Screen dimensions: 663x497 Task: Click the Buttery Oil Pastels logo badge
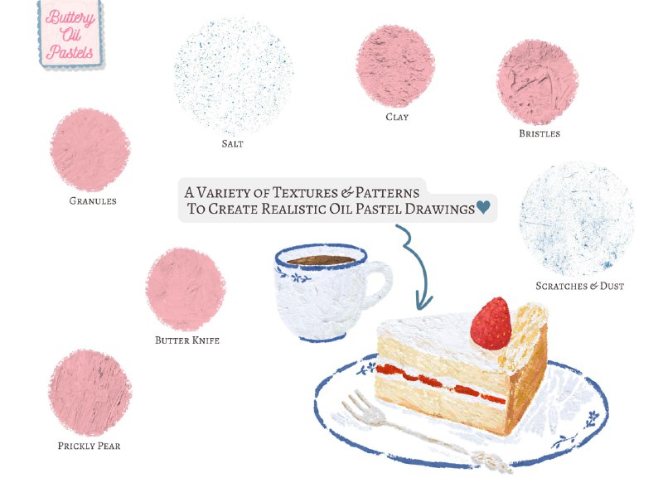[70, 34]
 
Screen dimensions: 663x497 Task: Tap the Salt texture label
[233, 144]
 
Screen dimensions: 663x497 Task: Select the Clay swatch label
[397, 117]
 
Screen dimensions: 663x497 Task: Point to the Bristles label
[540, 133]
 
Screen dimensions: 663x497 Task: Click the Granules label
[93, 201]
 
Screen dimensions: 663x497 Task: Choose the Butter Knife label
[187, 340]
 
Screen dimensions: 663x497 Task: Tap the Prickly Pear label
[90, 446]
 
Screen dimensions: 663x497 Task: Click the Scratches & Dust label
[579, 286]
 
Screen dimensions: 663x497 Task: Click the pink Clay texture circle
[395, 66]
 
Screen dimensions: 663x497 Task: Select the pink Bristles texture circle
[537, 82]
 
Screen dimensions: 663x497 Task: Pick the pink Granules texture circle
[90, 150]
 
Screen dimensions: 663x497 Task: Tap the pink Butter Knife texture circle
[186, 289]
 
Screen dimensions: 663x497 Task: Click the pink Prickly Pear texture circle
[90, 393]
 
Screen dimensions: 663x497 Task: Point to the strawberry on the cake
[491, 323]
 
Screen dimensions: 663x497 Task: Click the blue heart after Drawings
[483, 207]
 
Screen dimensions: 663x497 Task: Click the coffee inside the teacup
[322, 260]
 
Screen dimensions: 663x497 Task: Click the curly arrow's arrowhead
[423, 300]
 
